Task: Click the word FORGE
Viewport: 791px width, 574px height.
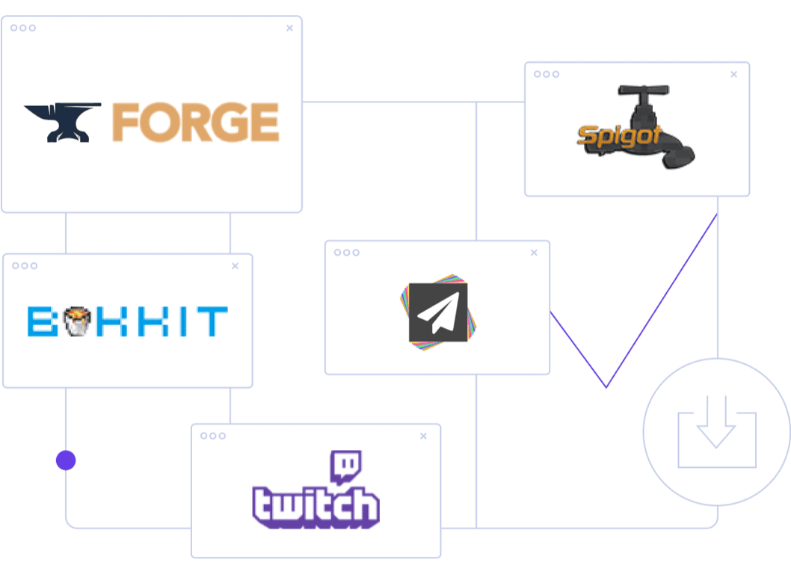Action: click(196, 123)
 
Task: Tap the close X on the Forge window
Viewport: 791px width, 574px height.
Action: click(289, 28)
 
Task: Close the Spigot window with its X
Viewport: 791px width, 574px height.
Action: click(733, 74)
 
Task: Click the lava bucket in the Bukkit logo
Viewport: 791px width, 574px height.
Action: click(73, 321)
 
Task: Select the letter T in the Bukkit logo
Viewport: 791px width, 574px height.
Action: click(214, 321)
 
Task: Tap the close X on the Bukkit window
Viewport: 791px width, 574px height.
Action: click(235, 266)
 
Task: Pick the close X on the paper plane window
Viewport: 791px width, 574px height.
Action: click(534, 253)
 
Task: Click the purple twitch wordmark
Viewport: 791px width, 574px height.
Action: click(316, 505)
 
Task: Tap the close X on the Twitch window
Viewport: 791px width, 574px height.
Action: click(424, 436)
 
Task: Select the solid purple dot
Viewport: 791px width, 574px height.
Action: click(66, 460)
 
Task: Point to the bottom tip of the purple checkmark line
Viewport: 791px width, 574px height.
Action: click(606, 386)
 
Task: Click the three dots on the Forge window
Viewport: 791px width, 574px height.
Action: click(23, 28)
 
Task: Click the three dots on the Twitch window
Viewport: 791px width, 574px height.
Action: click(213, 436)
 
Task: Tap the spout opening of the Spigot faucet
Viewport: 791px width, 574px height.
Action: click(681, 160)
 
